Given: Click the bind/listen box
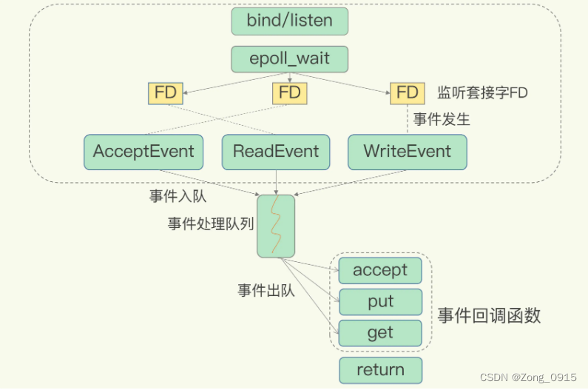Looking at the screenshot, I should (x=289, y=21).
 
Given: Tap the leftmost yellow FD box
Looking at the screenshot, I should (x=166, y=93).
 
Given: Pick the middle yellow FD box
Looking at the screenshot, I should (x=289, y=93).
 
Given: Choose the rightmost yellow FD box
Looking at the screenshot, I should (x=408, y=93).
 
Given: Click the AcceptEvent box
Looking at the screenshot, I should (x=143, y=152).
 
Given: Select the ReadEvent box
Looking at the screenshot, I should (x=276, y=152).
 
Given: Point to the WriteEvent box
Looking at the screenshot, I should (x=408, y=152).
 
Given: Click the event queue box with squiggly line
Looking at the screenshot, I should (x=275, y=226).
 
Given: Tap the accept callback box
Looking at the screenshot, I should (x=380, y=271).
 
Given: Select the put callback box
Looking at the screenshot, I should (x=380, y=302).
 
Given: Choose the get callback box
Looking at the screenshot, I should (x=380, y=333).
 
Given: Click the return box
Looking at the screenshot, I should (x=380, y=370).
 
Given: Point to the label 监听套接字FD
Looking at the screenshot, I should (x=483, y=93).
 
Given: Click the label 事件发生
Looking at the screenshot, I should (x=442, y=118).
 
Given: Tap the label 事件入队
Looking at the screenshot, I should (x=178, y=196).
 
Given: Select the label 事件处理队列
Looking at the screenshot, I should (x=209, y=224).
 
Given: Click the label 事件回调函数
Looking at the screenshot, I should (x=489, y=316).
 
